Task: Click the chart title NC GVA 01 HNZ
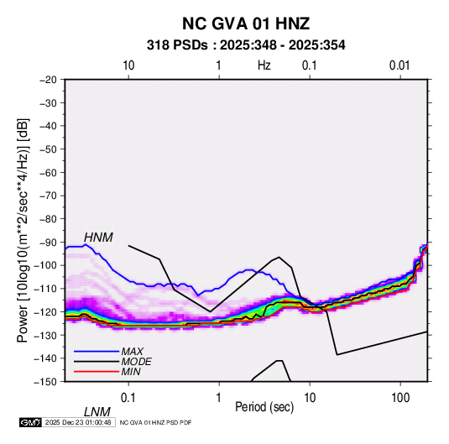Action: coord(246,24)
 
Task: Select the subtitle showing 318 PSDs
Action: coord(246,45)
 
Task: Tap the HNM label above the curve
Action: coord(98,238)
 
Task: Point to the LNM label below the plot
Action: coord(97,412)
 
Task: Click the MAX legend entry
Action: coord(132,351)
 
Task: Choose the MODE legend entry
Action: coord(136,362)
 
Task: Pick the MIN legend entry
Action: coord(131,372)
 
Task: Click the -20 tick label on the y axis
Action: coord(48,80)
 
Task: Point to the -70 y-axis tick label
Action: coord(48,196)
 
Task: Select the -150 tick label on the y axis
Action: coord(45,382)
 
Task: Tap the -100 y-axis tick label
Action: coord(45,265)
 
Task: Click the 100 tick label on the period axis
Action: coord(400,398)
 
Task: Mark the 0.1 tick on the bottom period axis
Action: coord(128,398)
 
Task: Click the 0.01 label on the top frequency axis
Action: coord(399,65)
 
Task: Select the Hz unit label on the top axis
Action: coord(264,65)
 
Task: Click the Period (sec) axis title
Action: coord(264,407)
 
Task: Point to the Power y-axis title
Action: coord(23,231)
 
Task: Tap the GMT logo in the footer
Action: coord(30,422)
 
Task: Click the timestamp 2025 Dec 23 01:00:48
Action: coord(78,422)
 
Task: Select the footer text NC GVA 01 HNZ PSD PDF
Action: coord(155,422)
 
